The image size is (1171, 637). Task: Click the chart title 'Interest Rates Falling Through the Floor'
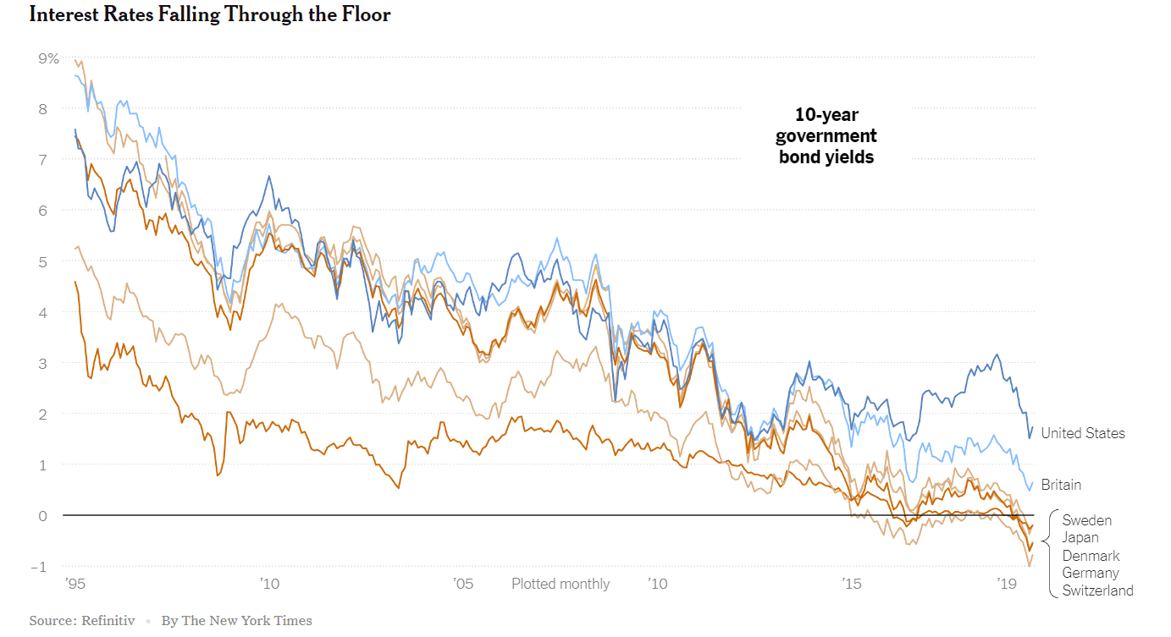(210, 15)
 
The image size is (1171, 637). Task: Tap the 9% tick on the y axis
(48, 58)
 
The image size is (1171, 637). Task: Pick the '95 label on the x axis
(75, 584)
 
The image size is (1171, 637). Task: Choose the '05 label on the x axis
(463, 584)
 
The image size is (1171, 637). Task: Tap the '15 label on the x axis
(851, 584)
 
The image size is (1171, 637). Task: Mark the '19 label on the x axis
(1007, 584)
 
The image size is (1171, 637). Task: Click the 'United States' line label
(1083, 433)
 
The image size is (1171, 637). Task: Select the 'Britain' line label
(1061, 485)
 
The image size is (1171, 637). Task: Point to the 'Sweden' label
(1087, 520)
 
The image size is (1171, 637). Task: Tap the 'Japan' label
(1080, 538)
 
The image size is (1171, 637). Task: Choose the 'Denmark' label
(1091, 556)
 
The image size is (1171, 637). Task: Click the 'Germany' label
(1091, 574)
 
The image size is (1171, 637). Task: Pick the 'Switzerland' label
(1097, 591)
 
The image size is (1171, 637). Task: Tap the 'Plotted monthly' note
(561, 584)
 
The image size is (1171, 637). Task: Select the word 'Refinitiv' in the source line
(108, 621)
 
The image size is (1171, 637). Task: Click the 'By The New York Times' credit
(237, 621)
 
